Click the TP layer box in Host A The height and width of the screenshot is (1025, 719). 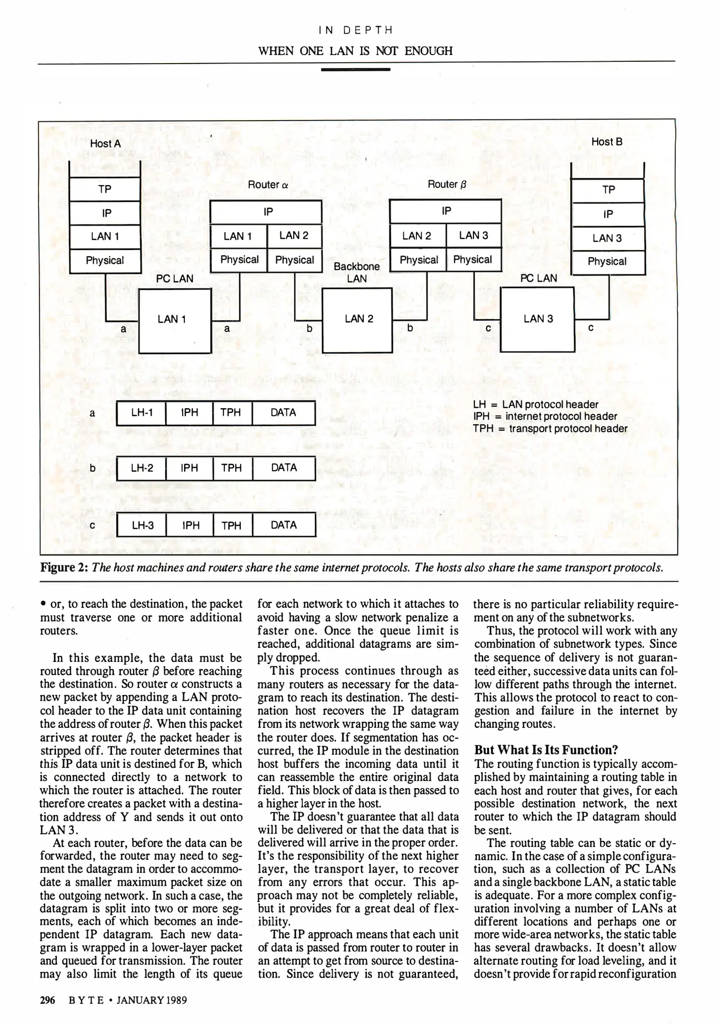105,189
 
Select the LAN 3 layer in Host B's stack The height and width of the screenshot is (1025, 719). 608,238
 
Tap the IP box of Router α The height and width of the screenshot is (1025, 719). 266,212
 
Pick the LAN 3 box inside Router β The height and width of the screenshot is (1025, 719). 473,235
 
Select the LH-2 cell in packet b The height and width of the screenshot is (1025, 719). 141,468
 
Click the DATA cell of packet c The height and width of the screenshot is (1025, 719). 284,525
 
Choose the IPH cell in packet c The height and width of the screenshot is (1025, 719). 190,525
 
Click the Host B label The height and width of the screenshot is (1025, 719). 607,142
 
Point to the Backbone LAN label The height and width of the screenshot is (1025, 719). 357,272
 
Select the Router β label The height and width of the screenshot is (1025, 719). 447,184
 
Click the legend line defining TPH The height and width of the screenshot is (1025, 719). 550,429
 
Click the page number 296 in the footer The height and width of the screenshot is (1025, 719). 47,1000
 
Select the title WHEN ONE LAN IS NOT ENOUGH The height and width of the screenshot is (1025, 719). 355,51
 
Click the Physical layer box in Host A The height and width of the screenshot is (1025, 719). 105,261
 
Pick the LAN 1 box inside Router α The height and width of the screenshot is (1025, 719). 238,236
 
